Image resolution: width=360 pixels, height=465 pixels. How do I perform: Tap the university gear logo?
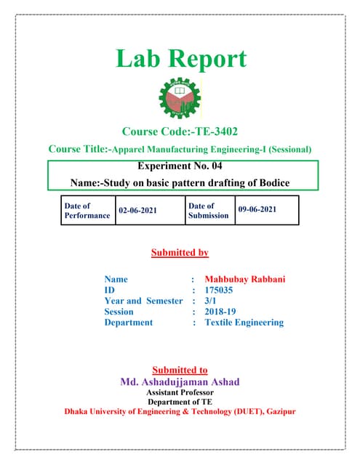click(x=180, y=100)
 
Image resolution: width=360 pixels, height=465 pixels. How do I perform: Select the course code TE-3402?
click(x=200, y=132)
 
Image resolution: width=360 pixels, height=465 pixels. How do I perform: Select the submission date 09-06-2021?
click(x=257, y=209)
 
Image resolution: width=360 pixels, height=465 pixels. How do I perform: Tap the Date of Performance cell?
click(x=87, y=211)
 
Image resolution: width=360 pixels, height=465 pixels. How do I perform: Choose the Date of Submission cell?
click(x=208, y=211)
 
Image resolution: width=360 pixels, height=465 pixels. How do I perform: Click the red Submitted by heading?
click(x=180, y=253)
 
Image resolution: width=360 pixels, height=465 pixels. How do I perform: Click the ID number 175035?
click(x=218, y=290)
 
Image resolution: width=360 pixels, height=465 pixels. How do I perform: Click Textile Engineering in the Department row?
click(x=244, y=323)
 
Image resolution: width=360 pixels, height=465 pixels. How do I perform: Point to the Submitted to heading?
click(x=180, y=370)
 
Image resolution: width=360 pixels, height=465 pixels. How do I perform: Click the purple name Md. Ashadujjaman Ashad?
click(x=179, y=381)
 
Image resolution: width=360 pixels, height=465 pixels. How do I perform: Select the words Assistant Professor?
click(x=179, y=392)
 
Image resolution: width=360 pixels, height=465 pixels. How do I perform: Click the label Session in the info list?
click(x=119, y=312)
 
